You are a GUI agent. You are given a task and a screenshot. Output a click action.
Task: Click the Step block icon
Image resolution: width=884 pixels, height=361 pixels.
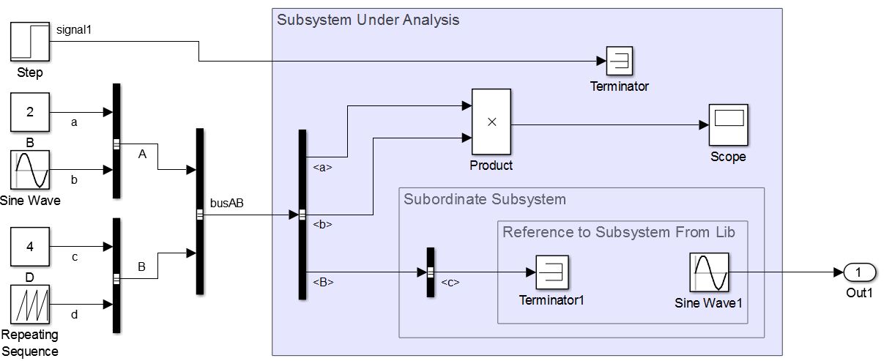[x=30, y=42]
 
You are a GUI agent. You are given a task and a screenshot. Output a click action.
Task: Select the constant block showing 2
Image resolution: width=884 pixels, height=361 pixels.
[x=30, y=112]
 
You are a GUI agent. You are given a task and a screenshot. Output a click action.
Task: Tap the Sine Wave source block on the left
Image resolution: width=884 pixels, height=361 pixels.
[x=30, y=170]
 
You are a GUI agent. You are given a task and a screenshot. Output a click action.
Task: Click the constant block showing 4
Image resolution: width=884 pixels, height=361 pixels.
[x=30, y=247]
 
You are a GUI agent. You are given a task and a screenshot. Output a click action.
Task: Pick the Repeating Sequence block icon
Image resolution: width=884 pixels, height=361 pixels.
[x=30, y=304]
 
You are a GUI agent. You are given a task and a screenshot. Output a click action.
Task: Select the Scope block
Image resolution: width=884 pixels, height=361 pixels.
[x=728, y=124]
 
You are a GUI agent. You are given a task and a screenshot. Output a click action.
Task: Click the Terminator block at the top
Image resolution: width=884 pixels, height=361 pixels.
[x=620, y=61]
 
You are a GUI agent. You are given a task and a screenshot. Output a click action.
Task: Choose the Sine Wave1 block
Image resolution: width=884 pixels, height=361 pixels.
[x=709, y=272]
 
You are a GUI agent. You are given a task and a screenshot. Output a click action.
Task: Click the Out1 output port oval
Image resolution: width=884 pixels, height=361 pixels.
[x=859, y=272]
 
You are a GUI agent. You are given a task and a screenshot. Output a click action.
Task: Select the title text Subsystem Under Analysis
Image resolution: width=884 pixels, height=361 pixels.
[x=368, y=20]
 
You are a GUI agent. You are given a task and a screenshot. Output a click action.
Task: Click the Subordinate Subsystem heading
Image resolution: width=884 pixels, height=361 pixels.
[x=484, y=199]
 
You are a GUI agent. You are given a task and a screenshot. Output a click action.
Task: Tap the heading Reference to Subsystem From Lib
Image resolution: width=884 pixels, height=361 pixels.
[x=618, y=232]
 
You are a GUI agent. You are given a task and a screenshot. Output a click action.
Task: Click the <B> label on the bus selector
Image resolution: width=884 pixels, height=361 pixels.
[x=323, y=282]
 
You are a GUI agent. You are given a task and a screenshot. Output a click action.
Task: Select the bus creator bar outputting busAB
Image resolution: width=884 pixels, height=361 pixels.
[x=200, y=212]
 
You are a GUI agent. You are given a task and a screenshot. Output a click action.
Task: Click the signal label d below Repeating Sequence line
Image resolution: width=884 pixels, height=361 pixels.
[x=73, y=315]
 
